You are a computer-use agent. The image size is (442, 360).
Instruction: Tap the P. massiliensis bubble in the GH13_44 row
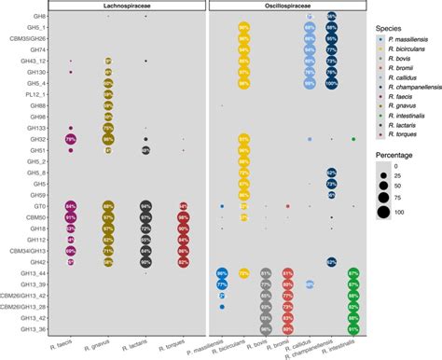[222, 272]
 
